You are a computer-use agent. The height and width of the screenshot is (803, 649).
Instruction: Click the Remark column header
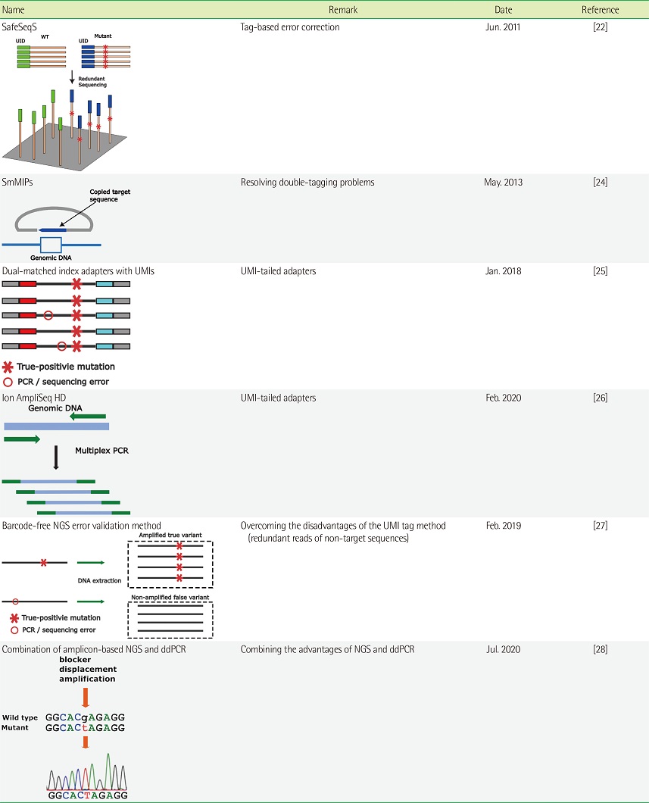point(343,10)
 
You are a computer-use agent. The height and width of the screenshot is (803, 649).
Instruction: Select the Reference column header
point(600,10)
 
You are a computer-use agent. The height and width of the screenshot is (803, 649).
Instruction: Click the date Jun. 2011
point(502,27)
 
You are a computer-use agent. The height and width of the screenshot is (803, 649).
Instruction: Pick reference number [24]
point(600,182)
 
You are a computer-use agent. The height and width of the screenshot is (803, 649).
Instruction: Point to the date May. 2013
point(503,182)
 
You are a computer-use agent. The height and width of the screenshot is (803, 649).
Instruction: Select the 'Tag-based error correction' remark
point(289,27)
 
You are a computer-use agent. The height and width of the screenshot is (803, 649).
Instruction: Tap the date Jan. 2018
point(502,270)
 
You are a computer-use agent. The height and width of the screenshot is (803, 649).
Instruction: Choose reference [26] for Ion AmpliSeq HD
point(600,397)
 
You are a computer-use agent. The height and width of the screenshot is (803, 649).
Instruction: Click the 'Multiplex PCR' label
point(101,451)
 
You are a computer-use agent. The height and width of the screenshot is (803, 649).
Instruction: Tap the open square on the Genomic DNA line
point(50,244)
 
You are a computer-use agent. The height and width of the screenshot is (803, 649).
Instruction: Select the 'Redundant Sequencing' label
point(92,82)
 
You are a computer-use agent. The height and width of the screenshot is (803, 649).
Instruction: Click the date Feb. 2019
point(502,526)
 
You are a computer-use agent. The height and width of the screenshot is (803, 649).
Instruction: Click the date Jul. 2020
point(502,649)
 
